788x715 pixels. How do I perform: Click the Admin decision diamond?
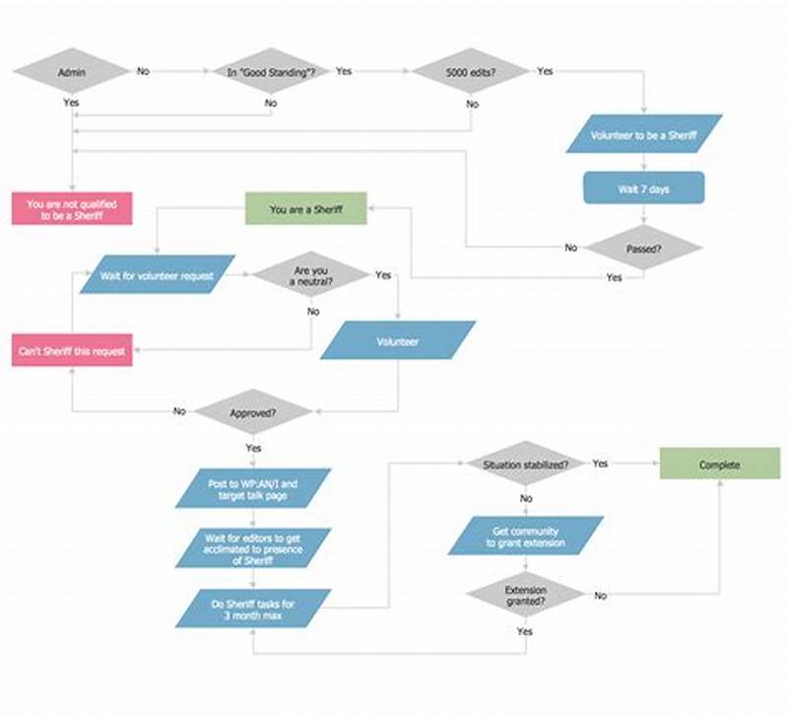72,72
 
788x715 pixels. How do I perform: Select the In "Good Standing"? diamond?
272,72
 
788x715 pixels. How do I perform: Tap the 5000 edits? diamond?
472,72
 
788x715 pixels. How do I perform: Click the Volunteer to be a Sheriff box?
644,134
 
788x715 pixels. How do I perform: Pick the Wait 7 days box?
644,188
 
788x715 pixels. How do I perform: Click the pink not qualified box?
72,209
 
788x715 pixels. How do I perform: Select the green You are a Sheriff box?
305,209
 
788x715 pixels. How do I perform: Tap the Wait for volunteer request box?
158,275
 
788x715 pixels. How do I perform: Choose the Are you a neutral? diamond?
311,275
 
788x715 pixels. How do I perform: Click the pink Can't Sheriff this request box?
72,350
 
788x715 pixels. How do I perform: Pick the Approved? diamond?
253,412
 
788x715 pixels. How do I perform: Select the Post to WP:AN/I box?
253,489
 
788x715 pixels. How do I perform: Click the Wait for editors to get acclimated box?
253,548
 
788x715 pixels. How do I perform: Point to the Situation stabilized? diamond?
525,464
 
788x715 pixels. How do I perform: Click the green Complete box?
718,465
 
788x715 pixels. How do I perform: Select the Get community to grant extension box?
525,536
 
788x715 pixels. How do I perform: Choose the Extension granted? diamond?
525,596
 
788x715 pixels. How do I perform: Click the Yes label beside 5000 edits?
545,71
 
